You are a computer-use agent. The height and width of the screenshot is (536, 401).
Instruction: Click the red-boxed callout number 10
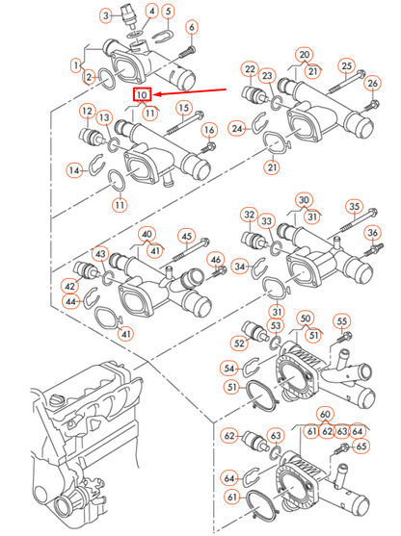[142, 95]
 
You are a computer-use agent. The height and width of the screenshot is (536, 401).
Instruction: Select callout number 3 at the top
[106, 17]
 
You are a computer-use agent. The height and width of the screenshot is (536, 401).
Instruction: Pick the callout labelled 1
[77, 65]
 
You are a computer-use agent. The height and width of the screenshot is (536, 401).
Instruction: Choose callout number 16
[209, 130]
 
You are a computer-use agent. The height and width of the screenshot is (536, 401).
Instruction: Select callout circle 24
[237, 127]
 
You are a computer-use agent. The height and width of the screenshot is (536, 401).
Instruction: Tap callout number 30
[305, 200]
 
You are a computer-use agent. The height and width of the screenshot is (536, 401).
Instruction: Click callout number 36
[372, 233]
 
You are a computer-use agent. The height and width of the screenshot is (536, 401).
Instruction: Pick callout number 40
[147, 234]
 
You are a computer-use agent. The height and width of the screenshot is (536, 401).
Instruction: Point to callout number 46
[216, 260]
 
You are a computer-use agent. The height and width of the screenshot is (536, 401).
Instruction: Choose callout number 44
[69, 302]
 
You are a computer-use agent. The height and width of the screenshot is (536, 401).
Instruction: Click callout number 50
[305, 318]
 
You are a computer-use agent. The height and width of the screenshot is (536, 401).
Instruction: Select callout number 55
[340, 321]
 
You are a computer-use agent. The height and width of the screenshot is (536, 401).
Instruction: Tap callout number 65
[361, 447]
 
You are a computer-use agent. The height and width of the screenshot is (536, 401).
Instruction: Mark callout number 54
[228, 368]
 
